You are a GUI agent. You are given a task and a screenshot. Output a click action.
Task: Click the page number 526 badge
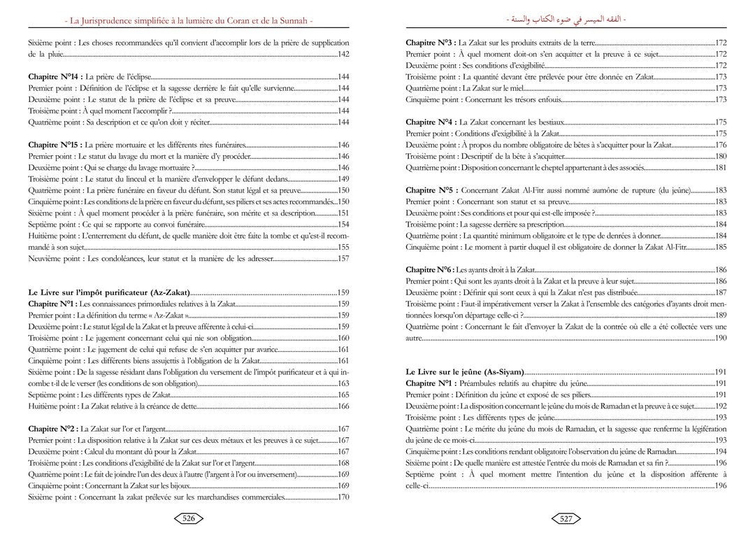pyautogui.click(x=188, y=518)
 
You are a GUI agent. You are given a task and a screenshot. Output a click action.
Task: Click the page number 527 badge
pyautogui.click(x=566, y=518)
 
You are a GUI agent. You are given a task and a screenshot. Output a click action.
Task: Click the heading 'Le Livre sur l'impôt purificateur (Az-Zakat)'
pyautogui.click(x=109, y=292)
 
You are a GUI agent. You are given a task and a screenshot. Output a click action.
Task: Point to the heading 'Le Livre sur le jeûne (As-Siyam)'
pyautogui.click(x=464, y=372)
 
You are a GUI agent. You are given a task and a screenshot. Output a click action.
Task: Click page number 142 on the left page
pyautogui.click(x=343, y=54)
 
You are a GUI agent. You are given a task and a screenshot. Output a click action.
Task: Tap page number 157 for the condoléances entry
pyautogui.click(x=343, y=259)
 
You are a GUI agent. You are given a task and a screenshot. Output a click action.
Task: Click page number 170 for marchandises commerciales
pyautogui.click(x=343, y=497)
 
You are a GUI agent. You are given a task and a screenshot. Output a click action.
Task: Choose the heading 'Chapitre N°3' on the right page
pyautogui.click(x=429, y=43)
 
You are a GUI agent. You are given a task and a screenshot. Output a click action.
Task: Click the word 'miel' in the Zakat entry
pyautogui.click(x=512, y=88)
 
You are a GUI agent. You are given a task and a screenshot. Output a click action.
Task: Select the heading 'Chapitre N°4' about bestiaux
pyautogui.click(x=429, y=122)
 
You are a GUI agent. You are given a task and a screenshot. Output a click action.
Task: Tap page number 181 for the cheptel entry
pyautogui.click(x=721, y=168)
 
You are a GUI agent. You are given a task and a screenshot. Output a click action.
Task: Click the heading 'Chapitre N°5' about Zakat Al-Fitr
pyautogui.click(x=429, y=190)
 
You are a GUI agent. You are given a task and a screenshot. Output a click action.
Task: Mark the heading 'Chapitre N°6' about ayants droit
pyautogui.click(x=429, y=270)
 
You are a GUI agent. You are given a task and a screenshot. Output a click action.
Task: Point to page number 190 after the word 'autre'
pyautogui.click(x=721, y=338)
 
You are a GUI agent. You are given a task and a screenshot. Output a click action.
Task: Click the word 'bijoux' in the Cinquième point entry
pyautogui.click(x=177, y=485)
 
